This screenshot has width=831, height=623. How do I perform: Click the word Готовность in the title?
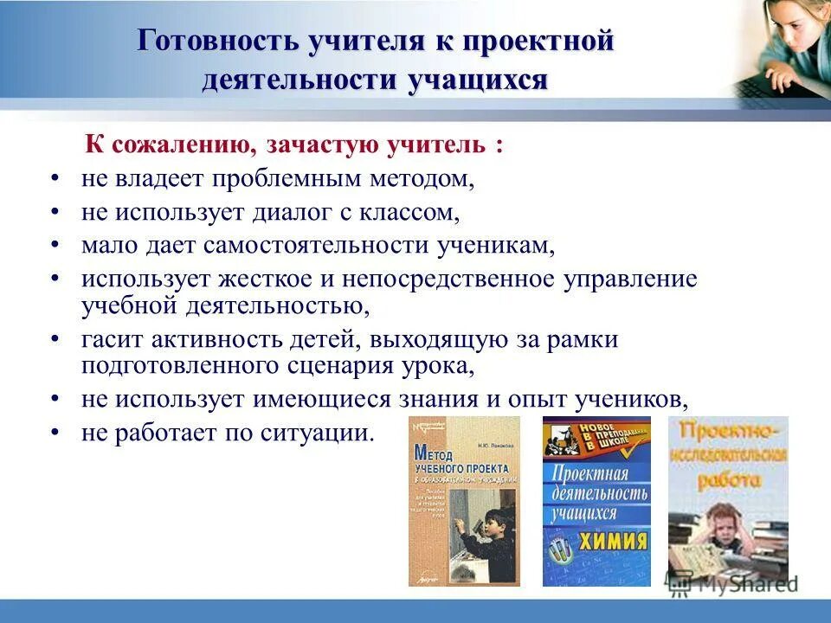tap(209, 42)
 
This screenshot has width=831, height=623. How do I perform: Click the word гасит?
tap(110, 338)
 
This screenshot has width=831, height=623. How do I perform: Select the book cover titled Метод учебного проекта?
tap(464, 500)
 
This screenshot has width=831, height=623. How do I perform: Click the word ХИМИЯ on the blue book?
tap(616, 543)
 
